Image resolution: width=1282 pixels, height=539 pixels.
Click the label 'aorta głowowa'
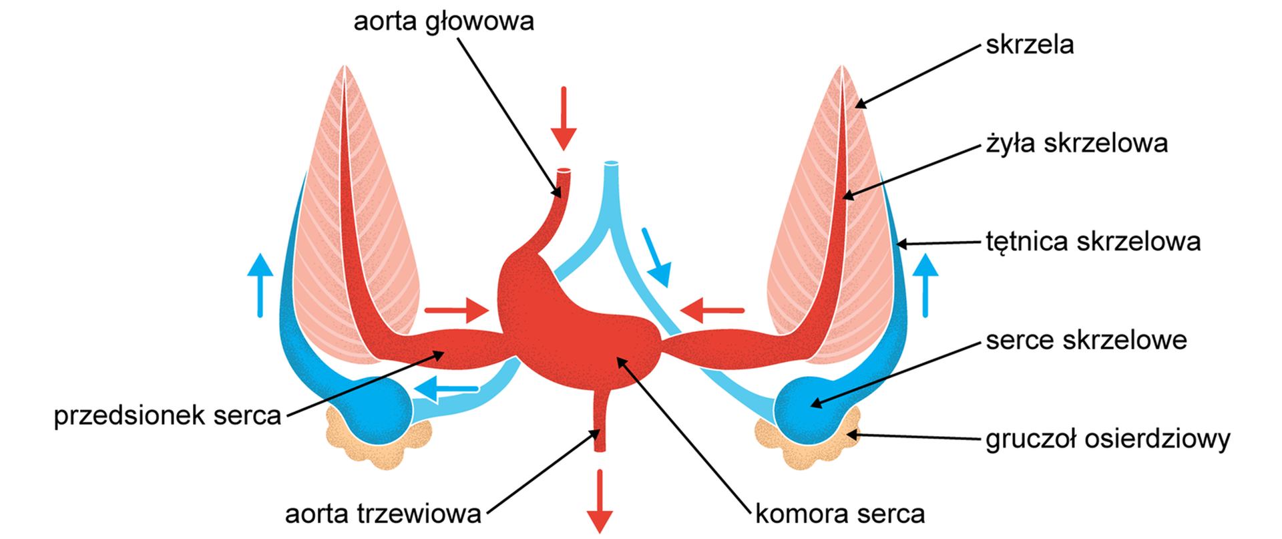coord(443,21)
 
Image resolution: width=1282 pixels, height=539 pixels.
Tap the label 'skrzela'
coord(1030,45)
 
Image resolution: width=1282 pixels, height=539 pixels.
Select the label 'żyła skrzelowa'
coord(1076,143)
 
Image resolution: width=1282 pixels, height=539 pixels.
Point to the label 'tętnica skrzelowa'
coord(1093,241)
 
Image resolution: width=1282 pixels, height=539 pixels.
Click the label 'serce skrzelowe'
coord(1086,340)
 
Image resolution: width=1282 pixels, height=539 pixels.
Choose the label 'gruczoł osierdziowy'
coord(1108,439)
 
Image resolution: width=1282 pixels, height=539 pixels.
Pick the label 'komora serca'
coord(840,514)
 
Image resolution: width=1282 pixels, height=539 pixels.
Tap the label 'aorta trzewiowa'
coord(383,514)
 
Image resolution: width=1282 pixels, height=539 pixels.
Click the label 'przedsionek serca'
coord(168,415)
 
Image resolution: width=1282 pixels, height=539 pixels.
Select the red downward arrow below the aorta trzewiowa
coord(599,501)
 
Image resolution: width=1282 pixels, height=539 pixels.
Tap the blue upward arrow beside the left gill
coord(260,285)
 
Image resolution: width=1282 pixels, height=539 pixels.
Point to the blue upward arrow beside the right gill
coord(925,285)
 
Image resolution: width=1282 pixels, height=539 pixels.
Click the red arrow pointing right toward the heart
coord(457,311)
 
